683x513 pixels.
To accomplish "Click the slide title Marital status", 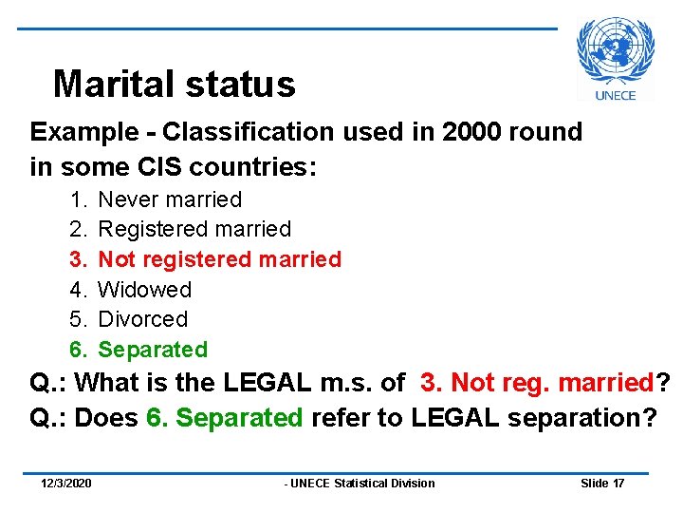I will coord(175,85).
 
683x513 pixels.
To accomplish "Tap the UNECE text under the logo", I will coord(615,95).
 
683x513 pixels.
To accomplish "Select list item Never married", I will coord(171,199).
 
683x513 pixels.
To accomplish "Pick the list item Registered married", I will coord(194,229).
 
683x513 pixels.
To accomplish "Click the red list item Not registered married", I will coord(219,259).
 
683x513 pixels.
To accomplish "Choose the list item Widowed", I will coord(145,290).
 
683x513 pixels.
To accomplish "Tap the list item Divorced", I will coord(143,319).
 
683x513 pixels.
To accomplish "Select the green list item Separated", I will coord(153,350).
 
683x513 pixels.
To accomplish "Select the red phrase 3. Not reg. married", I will coord(536,384).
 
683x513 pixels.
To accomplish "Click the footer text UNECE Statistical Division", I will coord(360,484).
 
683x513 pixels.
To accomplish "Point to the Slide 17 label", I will coord(602,484).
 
